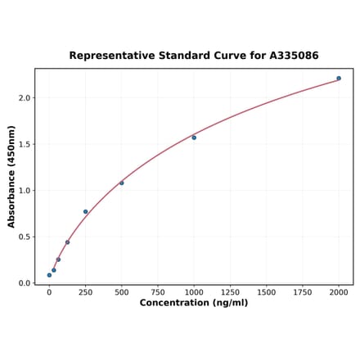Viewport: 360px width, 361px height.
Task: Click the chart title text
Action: coord(193,56)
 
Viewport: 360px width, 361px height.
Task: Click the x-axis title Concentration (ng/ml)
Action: coord(193,303)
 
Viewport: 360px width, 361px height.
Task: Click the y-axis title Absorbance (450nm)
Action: coord(11,177)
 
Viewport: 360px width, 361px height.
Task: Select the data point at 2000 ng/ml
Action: coord(339,79)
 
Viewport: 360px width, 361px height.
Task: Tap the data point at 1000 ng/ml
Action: coord(194,138)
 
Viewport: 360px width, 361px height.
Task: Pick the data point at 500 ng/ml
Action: coord(122,183)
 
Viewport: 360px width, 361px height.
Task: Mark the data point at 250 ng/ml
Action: coord(85,212)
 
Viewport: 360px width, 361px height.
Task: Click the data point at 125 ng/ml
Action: coord(67,242)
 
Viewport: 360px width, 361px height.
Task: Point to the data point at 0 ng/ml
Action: coord(49,275)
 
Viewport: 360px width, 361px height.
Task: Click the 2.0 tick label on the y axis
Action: coord(25,98)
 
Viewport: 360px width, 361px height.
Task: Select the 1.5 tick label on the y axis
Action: coord(25,144)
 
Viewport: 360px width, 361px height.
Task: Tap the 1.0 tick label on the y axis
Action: coord(25,191)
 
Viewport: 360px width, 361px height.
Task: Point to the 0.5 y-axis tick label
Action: coord(25,237)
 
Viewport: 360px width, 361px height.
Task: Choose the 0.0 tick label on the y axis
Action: coord(25,283)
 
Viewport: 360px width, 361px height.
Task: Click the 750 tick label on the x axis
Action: coord(158,291)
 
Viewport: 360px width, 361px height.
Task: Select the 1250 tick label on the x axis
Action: coord(230,291)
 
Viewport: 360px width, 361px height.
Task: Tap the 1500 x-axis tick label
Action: coord(266,291)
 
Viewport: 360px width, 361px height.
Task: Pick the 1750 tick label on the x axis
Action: coord(303,291)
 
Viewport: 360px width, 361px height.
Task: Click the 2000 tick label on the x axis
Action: coord(339,291)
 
